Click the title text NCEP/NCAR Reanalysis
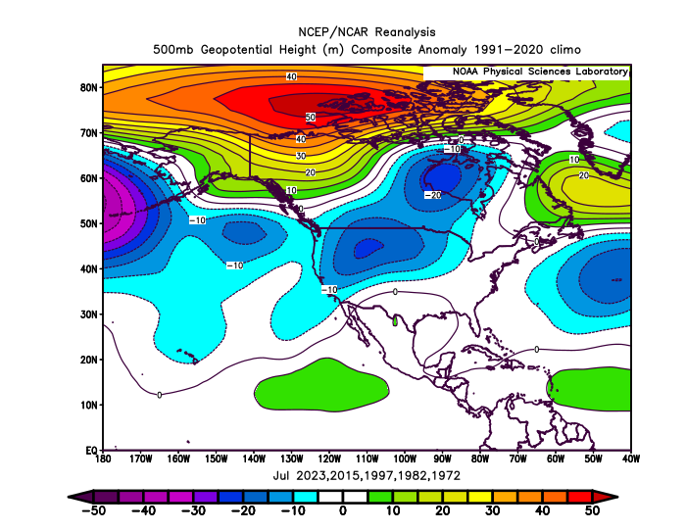(367, 32)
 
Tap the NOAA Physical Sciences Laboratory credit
(540, 72)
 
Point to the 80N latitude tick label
(88, 87)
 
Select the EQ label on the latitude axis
(91, 450)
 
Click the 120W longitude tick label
(329, 459)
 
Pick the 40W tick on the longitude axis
(630, 459)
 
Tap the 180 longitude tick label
(103, 459)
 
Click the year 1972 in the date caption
(445, 475)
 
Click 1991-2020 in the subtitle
(509, 50)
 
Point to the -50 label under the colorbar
(94, 510)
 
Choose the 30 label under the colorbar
(493, 510)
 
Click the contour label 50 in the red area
(311, 118)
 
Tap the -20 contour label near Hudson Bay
(433, 195)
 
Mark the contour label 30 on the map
(301, 156)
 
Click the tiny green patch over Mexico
(395, 320)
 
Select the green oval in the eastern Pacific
(321, 385)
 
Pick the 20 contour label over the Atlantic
(584, 175)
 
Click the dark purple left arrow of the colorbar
(80, 497)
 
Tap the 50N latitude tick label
(88, 223)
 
